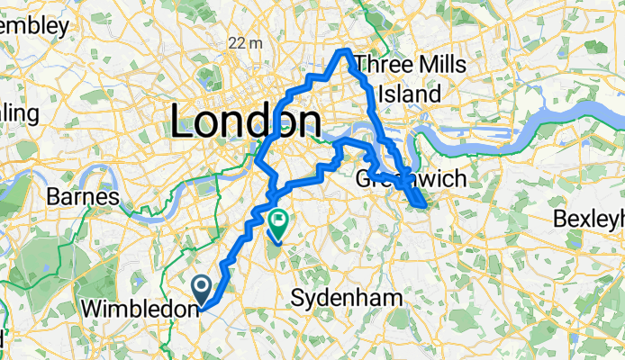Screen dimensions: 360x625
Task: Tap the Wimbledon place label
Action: click(140, 309)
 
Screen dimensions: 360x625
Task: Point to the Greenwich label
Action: click(416, 179)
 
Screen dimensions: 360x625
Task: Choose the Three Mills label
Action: click(411, 65)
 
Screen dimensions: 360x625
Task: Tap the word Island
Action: click(410, 94)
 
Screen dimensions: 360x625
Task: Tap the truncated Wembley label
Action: click(33, 26)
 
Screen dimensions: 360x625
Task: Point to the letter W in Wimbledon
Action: click(90, 309)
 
